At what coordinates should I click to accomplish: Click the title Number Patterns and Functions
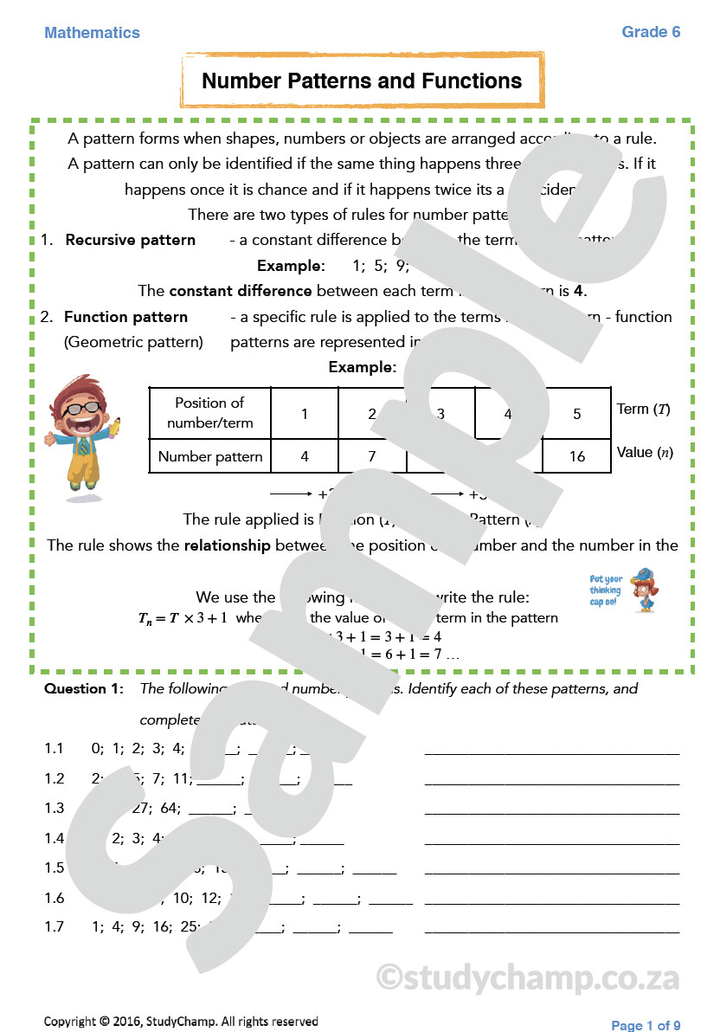pos(362,81)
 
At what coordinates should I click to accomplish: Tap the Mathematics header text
pos(92,33)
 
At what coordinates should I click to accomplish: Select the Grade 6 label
pos(651,32)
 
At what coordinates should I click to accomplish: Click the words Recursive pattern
pos(130,240)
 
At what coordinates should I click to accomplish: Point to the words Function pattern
pos(125,317)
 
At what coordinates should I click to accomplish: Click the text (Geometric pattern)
pos(133,342)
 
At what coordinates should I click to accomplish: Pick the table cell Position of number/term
pos(209,413)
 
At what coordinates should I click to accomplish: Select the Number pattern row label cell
pos(209,456)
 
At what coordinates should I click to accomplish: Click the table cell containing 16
pos(576,456)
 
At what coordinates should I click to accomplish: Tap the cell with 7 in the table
pos(371,456)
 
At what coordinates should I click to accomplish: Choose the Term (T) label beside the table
pos(643,409)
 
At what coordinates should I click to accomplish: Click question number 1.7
pos(55,926)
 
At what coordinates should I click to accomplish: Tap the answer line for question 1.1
pos(551,750)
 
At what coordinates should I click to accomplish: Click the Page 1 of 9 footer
pos(646,1025)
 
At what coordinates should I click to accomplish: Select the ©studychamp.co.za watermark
pos(528,977)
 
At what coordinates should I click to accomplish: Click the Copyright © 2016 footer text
pos(181,1022)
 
